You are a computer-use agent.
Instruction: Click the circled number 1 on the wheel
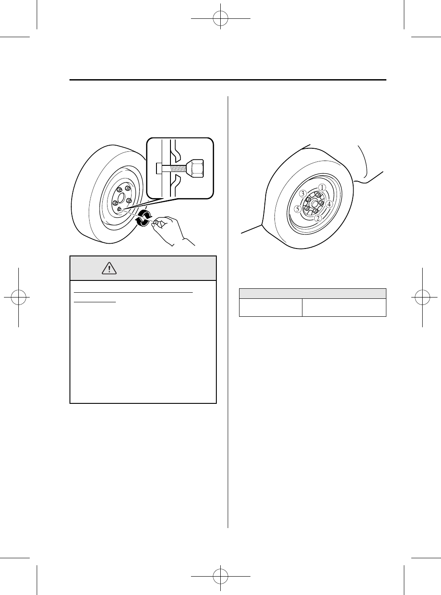(x=322, y=187)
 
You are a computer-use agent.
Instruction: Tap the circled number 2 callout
(x=318, y=217)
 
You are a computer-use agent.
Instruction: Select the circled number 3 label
(x=302, y=193)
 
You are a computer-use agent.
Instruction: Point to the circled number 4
(x=329, y=203)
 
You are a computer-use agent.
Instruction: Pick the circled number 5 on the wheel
(x=298, y=209)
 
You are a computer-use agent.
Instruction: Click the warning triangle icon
(x=109, y=268)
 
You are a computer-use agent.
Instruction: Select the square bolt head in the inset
(x=159, y=167)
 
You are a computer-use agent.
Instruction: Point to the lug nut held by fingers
(x=156, y=223)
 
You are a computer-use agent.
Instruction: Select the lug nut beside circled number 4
(x=321, y=203)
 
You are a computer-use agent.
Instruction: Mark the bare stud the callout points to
(x=119, y=209)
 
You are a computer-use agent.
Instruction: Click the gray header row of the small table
(x=312, y=294)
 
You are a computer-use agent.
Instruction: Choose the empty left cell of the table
(x=271, y=307)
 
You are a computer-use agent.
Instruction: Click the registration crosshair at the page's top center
(x=220, y=18)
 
